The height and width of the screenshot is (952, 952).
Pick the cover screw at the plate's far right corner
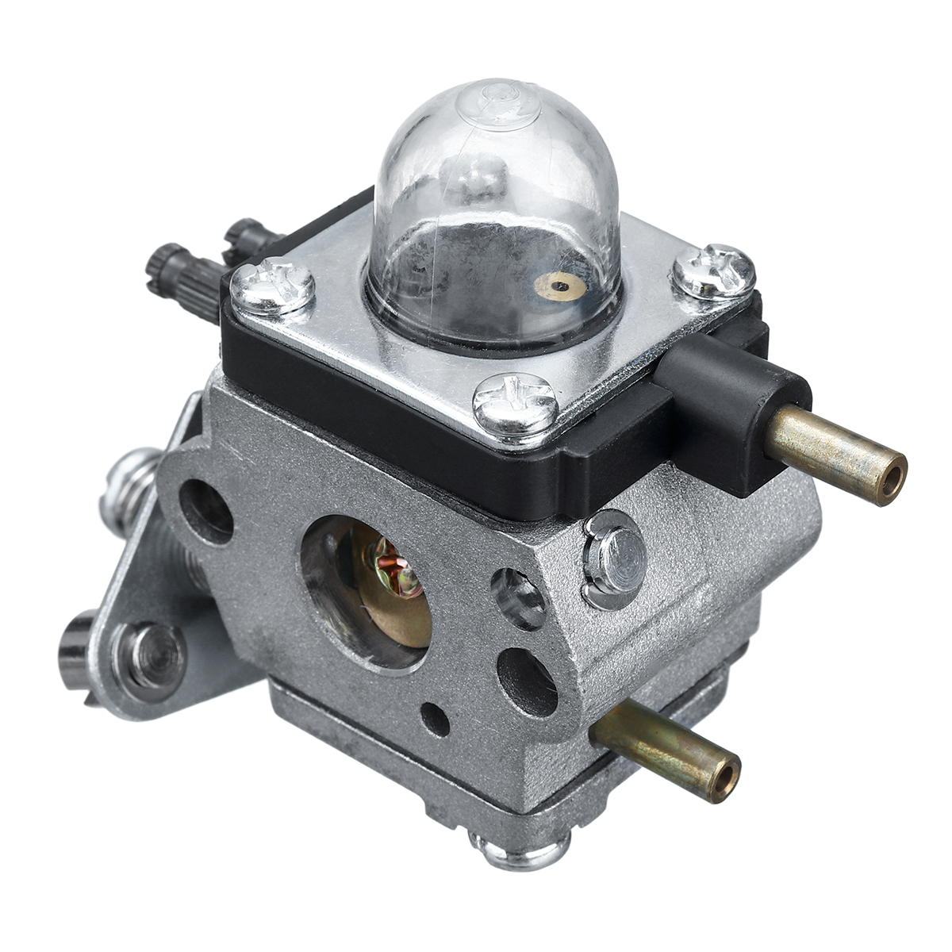pos(713,271)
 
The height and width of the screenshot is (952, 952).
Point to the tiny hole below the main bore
pos(435,718)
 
